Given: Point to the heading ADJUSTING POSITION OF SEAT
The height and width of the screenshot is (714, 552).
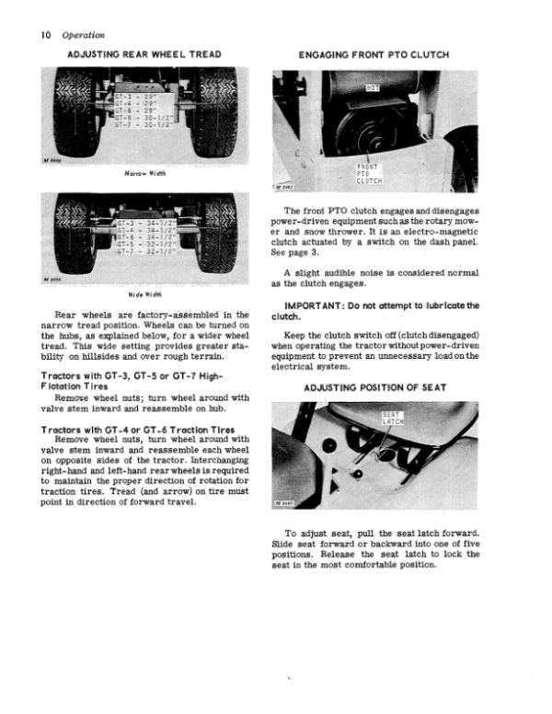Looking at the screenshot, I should pyautogui.click(x=374, y=387).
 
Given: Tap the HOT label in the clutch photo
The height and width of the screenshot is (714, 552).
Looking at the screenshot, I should pyautogui.click(x=373, y=89).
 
